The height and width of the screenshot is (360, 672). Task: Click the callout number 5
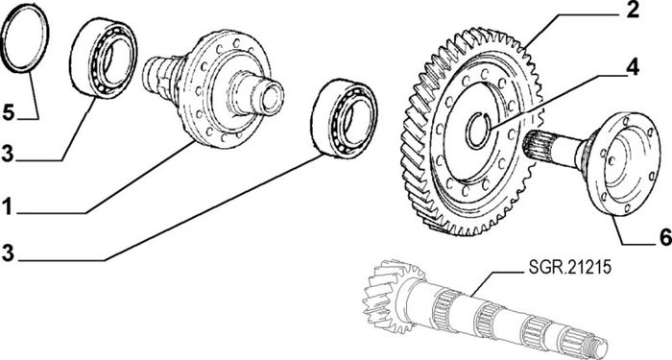(9, 111)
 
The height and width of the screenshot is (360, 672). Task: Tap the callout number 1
(7, 206)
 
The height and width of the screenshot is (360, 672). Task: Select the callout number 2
(633, 11)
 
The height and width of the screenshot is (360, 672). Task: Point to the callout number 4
(632, 68)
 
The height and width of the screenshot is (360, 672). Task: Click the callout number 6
(665, 238)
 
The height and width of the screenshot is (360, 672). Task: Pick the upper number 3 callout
(8, 154)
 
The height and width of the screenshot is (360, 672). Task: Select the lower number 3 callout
(8, 253)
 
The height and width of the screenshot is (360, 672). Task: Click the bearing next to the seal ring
(104, 58)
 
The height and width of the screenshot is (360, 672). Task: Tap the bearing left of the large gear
(344, 119)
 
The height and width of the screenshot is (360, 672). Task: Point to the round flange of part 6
(624, 164)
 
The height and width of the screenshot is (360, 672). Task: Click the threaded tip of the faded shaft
(597, 346)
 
